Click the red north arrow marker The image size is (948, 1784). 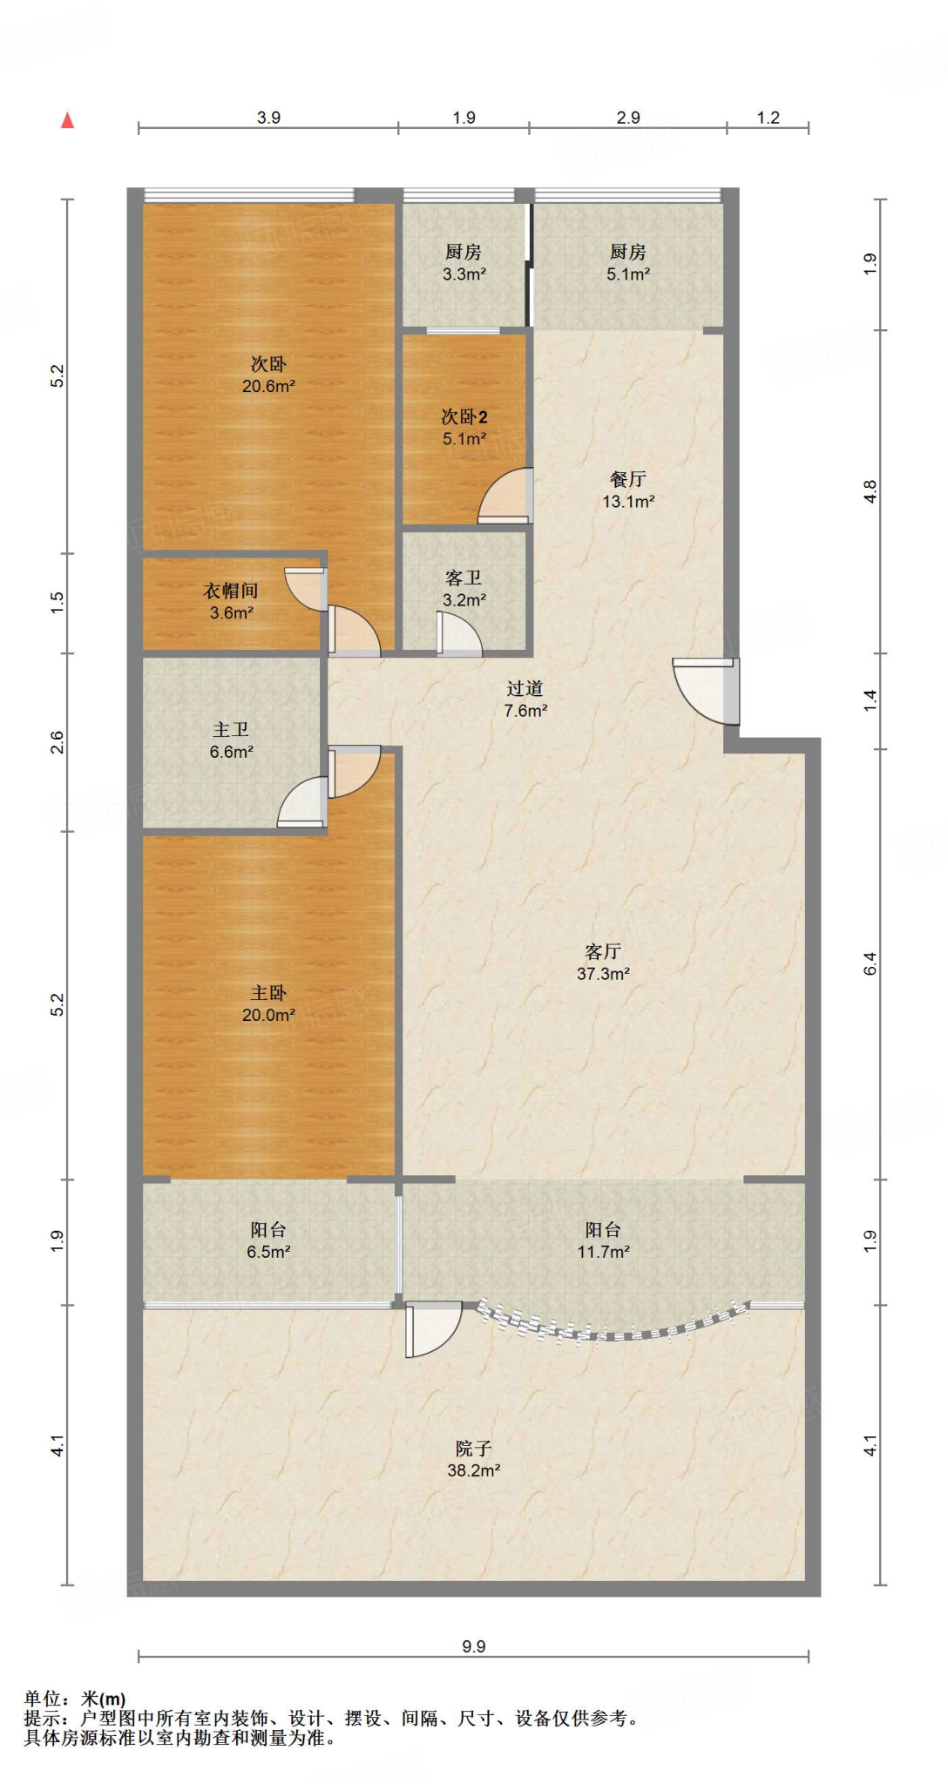67,121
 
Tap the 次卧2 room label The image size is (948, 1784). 464,416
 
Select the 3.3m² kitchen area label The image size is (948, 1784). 464,274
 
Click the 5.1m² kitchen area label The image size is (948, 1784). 628,274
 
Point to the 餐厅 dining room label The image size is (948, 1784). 628,479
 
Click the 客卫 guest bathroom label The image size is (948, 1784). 464,578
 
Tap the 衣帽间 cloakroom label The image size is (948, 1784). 231,591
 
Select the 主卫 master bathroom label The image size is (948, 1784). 231,730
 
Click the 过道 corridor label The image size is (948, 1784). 525,688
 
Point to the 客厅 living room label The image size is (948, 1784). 603,951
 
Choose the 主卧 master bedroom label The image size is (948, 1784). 268,993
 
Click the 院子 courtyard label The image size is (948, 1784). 474,1449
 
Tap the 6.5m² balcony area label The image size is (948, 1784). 268,1252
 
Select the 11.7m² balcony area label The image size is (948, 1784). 603,1252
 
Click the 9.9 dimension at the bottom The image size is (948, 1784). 474,1646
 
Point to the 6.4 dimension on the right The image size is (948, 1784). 870,964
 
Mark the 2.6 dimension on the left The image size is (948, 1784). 58,742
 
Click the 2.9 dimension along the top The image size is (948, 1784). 628,118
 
